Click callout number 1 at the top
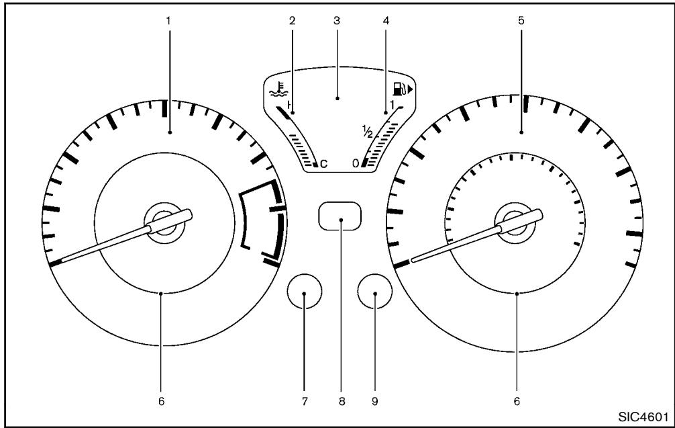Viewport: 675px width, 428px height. [x=169, y=21]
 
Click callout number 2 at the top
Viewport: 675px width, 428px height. [x=293, y=21]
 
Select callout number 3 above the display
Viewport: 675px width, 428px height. [x=337, y=21]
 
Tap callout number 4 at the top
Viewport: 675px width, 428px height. [x=386, y=21]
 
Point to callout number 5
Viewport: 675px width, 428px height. [x=521, y=21]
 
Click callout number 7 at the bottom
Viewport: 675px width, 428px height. [x=305, y=401]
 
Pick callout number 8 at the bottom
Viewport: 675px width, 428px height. [x=342, y=401]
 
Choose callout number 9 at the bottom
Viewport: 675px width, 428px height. [x=375, y=401]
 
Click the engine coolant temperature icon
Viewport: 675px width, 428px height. [x=278, y=89]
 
